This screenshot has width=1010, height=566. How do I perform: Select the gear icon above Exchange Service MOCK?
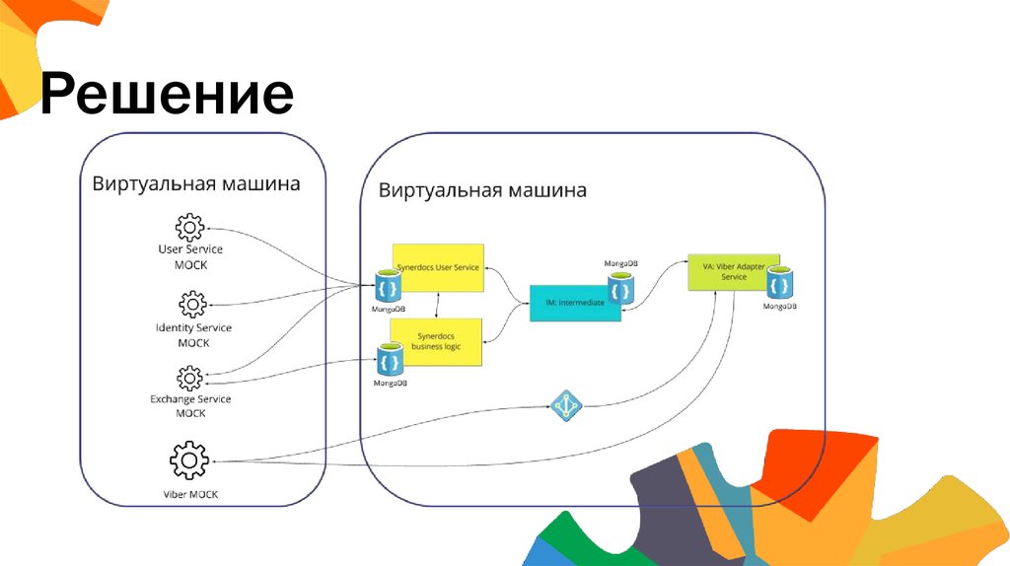click(x=189, y=378)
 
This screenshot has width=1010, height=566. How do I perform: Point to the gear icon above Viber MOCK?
click(x=188, y=460)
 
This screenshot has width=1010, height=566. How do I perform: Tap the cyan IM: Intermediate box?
click(x=574, y=303)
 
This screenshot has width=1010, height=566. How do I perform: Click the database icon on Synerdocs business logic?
click(x=390, y=360)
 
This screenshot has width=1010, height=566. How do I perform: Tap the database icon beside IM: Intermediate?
click(x=620, y=287)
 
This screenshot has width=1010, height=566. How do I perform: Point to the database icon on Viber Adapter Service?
click(x=781, y=282)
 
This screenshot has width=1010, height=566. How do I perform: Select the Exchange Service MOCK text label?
click(x=190, y=406)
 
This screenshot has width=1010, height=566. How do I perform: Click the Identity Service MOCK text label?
click(x=193, y=334)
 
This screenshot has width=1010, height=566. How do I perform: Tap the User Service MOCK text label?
click(x=190, y=257)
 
